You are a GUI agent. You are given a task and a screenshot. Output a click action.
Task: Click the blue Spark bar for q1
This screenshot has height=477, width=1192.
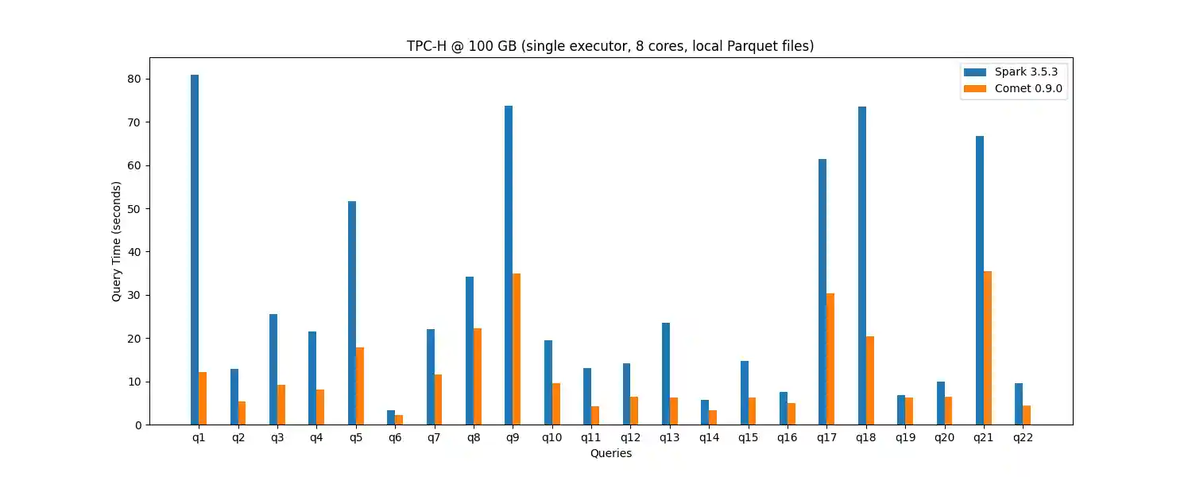pyautogui.click(x=195, y=250)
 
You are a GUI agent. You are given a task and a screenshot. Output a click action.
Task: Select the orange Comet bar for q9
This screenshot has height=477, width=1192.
pyautogui.click(x=517, y=349)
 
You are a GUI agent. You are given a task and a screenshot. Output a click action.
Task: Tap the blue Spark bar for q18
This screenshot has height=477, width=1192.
pyautogui.click(x=862, y=266)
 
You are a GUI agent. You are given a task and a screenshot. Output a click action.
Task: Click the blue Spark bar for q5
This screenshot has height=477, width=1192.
pyautogui.click(x=352, y=313)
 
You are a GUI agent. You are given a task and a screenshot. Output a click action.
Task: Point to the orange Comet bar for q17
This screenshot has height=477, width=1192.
pyautogui.click(x=830, y=359)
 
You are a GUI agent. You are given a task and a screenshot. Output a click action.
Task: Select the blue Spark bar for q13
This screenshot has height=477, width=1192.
pyautogui.click(x=666, y=374)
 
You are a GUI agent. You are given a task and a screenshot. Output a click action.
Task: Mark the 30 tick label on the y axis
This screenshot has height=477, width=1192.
pyautogui.click(x=134, y=296)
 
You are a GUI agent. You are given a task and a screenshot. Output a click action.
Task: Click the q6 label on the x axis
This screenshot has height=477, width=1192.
pyautogui.click(x=395, y=438)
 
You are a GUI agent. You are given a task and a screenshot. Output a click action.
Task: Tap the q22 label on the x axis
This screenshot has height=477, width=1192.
pyautogui.click(x=1023, y=438)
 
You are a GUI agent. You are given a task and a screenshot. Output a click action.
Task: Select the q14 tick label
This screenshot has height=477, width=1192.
pyautogui.click(x=709, y=438)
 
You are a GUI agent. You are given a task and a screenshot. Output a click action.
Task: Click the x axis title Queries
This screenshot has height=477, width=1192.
pyautogui.click(x=611, y=453)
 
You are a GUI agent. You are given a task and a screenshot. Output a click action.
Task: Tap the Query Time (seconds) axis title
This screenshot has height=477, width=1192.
pyautogui.click(x=117, y=241)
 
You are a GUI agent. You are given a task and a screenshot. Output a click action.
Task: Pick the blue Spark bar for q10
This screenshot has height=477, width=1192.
pyautogui.click(x=548, y=382)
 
